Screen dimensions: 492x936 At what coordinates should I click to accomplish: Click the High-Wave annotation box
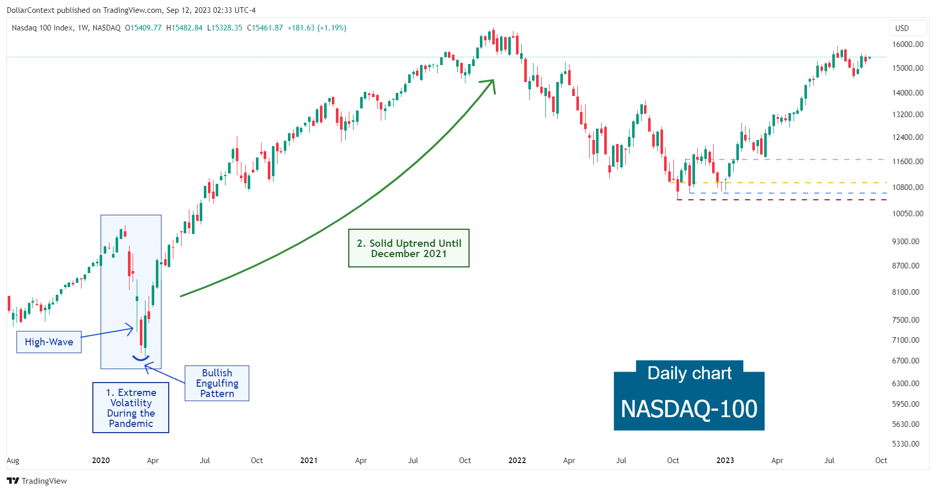tap(49, 342)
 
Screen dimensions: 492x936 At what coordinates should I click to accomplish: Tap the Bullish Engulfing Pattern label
tap(217, 383)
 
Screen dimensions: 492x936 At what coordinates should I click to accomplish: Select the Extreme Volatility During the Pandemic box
tap(131, 407)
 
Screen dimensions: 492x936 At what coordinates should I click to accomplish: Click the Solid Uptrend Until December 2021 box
tap(409, 248)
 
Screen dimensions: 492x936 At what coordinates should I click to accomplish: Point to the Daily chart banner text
tap(689, 373)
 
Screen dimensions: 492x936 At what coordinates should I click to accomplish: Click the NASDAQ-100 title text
tap(689, 409)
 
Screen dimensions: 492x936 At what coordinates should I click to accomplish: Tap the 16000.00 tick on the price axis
tap(908, 44)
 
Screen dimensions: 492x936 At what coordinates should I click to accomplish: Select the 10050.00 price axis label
tap(908, 213)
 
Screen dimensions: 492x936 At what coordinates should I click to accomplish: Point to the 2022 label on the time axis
tap(517, 461)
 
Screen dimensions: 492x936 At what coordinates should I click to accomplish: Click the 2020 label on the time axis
tap(101, 461)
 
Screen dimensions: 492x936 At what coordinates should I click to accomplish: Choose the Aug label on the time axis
tap(13, 461)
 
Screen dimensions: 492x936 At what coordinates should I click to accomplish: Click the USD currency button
tap(902, 28)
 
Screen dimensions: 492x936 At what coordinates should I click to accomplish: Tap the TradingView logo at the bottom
tap(37, 481)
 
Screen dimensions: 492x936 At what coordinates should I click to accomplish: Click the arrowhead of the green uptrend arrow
tap(492, 83)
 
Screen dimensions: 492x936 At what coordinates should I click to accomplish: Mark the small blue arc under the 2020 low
tap(141, 358)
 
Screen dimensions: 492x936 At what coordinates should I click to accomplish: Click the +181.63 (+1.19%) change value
tap(317, 28)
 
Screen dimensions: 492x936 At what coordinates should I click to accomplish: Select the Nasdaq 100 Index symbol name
tap(42, 28)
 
